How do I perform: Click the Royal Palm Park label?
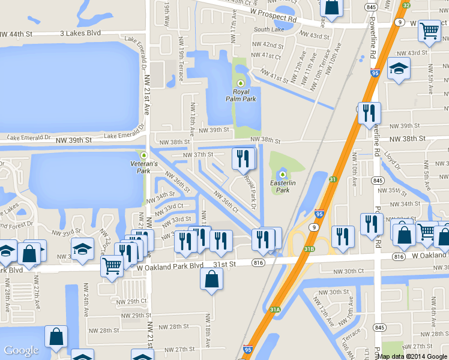click(x=241, y=95)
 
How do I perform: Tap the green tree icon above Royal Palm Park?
click(x=241, y=83)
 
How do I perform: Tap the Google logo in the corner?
click(x=21, y=350)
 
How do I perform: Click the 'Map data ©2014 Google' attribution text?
click(x=412, y=356)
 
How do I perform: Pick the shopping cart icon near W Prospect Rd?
click(x=429, y=31)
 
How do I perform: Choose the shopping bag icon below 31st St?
click(x=211, y=280)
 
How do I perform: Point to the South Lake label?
click(x=268, y=29)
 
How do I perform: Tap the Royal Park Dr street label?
click(x=251, y=194)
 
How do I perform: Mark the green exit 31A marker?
click(x=274, y=309)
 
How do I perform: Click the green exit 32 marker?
click(x=406, y=5)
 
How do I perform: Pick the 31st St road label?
click(x=225, y=263)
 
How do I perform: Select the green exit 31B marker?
click(x=309, y=248)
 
